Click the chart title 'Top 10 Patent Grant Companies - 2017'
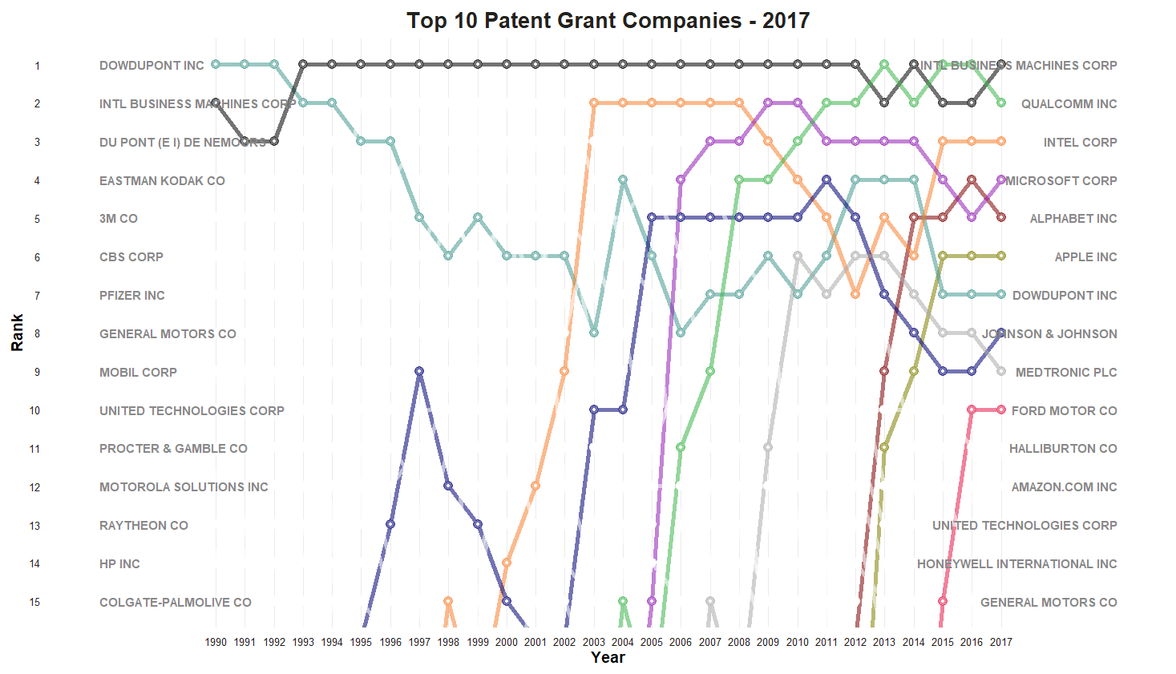608,20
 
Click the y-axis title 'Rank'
17,333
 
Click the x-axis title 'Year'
608,657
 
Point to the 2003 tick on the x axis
594,642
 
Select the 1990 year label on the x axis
216,642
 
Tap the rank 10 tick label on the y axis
34,410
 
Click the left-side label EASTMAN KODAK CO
162,180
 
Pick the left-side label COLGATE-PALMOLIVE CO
175,602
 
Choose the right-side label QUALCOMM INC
1069,103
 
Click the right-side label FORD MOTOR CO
1064,410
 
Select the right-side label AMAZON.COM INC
1064,486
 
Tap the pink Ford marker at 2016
972,410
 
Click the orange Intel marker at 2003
594,103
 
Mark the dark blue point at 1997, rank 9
419,371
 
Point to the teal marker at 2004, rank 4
623,180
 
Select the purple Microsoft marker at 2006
681,180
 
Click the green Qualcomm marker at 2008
739,180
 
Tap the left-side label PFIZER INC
131,295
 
